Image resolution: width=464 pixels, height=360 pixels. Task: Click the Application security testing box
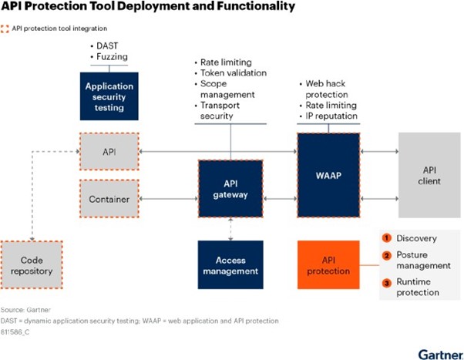point(109,96)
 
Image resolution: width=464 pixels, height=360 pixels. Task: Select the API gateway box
point(230,189)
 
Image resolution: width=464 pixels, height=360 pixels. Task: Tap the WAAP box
point(328,175)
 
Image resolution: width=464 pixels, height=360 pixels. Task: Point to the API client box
point(429,175)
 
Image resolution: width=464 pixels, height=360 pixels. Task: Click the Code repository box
point(32,265)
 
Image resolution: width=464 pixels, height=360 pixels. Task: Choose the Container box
point(109,199)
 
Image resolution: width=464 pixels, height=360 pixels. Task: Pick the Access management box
point(230,264)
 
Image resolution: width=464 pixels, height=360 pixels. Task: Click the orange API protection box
point(328,264)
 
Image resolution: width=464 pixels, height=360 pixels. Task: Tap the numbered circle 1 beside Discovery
point(386,238)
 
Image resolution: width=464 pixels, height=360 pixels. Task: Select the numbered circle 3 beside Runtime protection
point(386,283)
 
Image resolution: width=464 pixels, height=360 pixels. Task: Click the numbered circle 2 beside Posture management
point(386,255)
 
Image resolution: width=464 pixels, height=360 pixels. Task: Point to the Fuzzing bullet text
point(109,56)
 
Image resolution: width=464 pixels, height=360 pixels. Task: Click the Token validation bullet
point(230,72)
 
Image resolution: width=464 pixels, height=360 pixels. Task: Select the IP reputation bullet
point(329,116)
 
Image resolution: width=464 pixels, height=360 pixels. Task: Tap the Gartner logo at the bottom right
point(441,354)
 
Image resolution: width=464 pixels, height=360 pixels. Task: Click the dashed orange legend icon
point(5,29)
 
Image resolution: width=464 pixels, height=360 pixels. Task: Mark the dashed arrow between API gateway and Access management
point(230,229)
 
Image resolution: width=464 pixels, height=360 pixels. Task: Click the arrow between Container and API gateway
point(168,199)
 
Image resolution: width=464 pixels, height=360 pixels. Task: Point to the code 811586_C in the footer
point(15,332)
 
